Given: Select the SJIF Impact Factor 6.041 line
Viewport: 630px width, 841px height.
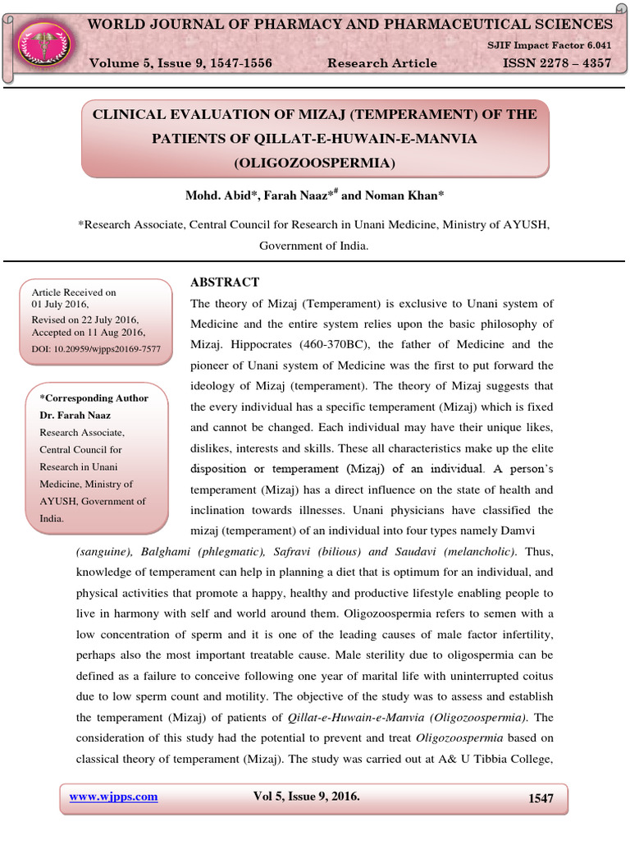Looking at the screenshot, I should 561,47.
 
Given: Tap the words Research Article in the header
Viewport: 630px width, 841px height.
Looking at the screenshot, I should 381,63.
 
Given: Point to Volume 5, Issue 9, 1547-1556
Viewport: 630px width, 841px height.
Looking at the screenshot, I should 180,63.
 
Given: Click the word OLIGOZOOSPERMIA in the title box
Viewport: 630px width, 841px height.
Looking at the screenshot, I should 315,163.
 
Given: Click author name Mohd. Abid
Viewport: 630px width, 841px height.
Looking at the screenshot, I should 215,195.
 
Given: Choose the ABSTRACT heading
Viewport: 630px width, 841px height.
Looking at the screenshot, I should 225,282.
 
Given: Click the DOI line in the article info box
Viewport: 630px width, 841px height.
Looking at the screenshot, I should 96,349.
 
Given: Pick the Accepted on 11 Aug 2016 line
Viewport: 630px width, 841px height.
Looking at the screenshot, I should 88,333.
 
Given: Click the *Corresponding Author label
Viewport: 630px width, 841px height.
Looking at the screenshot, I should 94,398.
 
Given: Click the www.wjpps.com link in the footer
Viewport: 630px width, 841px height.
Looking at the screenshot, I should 113,797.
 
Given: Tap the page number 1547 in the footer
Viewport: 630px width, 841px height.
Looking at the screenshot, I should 541,798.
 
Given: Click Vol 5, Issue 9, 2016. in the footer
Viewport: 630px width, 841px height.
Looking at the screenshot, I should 307,797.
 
